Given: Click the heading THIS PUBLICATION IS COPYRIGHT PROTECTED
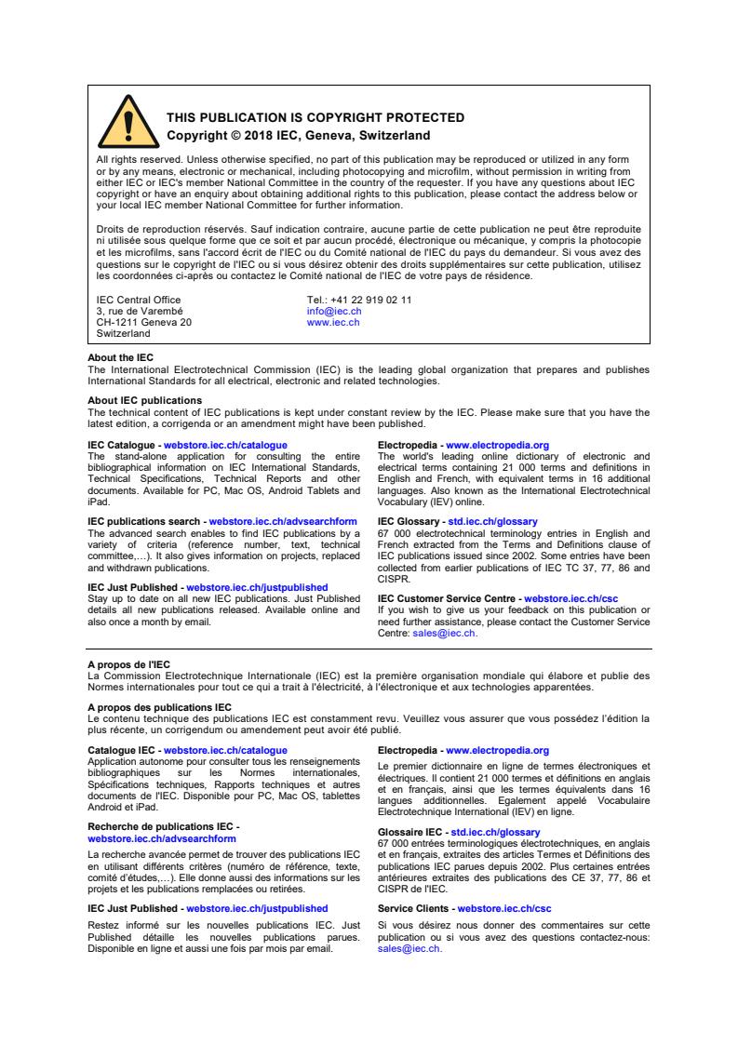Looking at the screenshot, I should coord(315,117).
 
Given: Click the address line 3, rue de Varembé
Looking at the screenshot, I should coord(140,311).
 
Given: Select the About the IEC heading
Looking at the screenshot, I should coord(120,357).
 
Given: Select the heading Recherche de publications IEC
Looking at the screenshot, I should coord(160,826).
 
